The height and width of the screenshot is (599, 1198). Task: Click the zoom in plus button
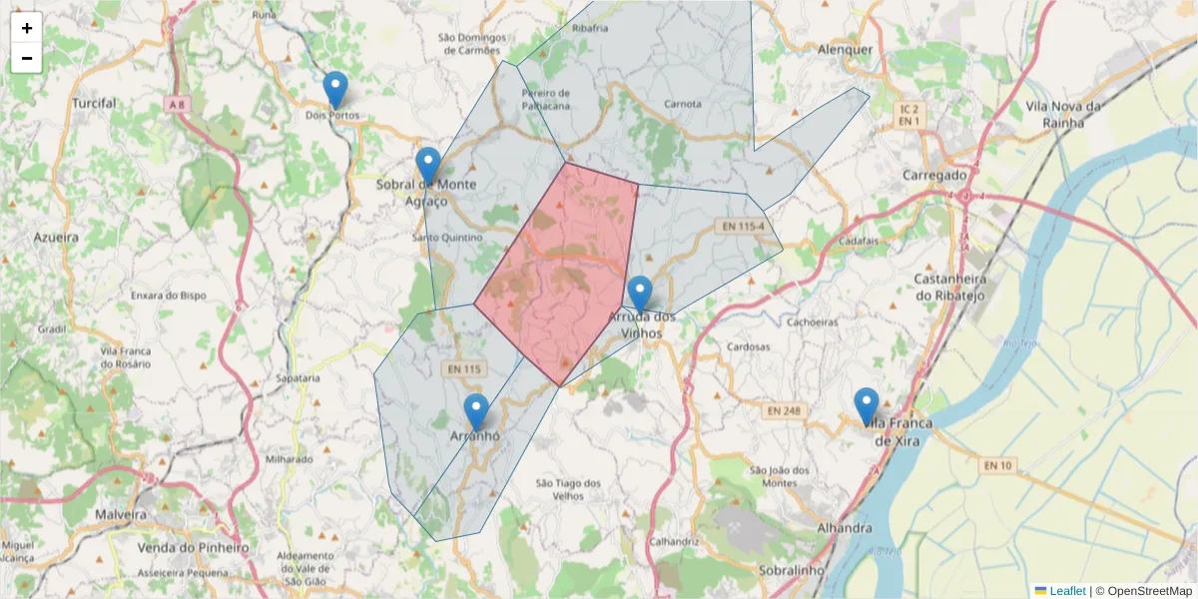(x=27, y=28)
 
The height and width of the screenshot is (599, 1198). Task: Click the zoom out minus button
(x=27, y=58)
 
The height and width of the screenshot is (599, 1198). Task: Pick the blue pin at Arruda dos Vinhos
(x=640, y=295)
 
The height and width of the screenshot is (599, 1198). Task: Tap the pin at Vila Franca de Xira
(x=866, y=406)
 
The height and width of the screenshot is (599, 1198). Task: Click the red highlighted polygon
(x=559, y=280)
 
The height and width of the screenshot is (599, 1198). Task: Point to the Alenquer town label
(x=845, y=49)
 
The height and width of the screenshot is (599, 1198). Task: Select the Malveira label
(x=121, y=514)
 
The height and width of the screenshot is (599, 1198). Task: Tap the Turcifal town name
(x=95, y=103)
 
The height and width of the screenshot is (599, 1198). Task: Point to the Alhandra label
(x=844, y=528)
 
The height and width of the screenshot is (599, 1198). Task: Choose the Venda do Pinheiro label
(x=193, y=548)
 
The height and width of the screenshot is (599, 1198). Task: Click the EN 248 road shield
(x=785, y=410)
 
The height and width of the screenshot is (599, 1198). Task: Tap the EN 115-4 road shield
(x=740, y=228)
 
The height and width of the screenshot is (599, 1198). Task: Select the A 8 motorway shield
(x=177, y=105)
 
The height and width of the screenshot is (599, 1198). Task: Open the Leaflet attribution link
(x=1066, y=591)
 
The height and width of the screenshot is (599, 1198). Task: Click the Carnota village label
(x=683, y=103)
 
